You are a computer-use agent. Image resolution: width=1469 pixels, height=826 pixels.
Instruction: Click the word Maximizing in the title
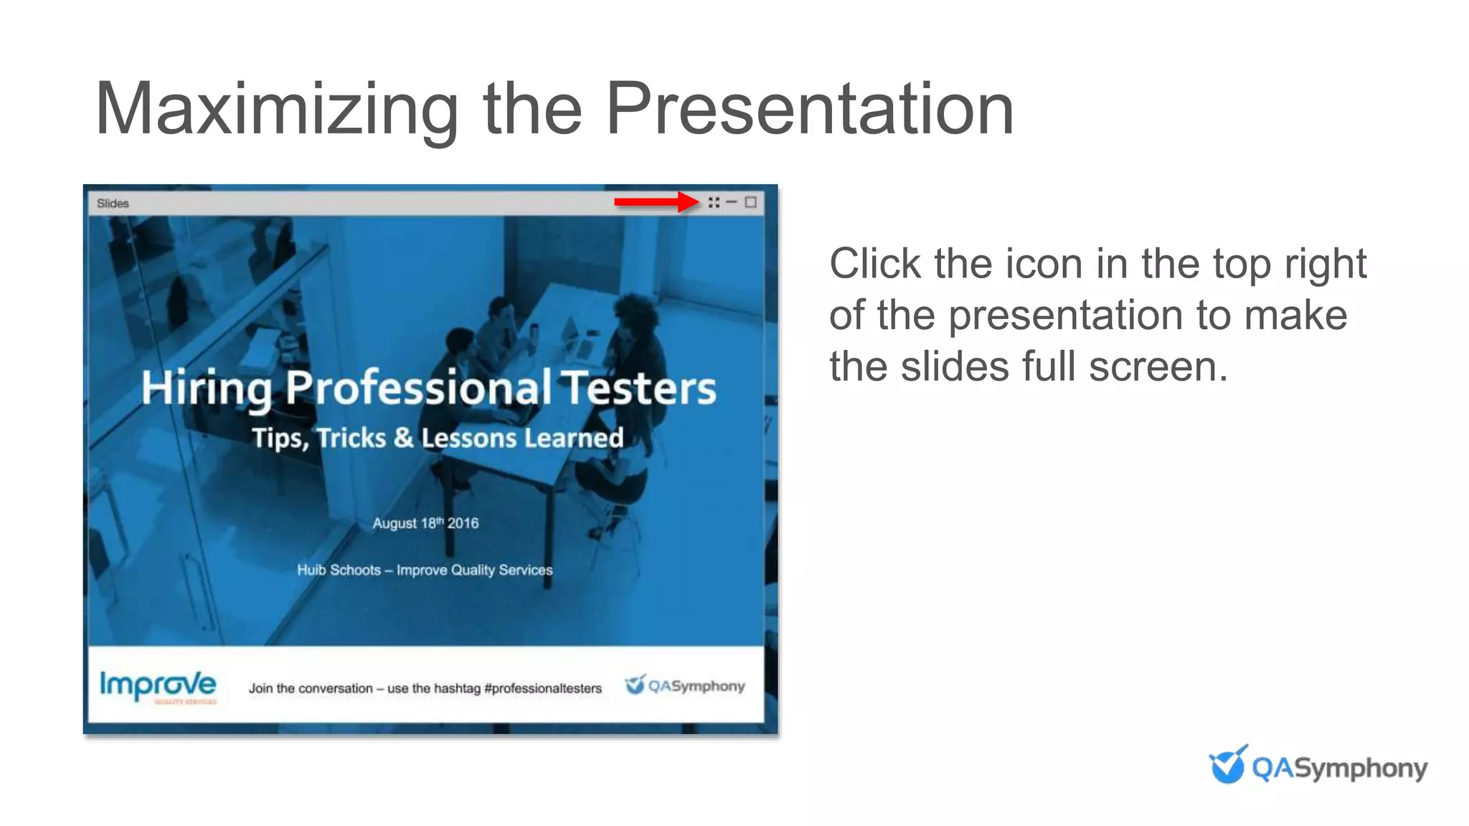click(276, 110)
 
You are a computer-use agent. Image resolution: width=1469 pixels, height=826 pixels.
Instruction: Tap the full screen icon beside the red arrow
click(714, 202)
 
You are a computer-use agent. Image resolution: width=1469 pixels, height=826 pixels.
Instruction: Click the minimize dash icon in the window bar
click(732, 202)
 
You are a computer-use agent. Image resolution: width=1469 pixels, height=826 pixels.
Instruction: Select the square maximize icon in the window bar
click(750, 202)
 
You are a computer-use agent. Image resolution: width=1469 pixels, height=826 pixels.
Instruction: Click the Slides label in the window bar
click(113, 204)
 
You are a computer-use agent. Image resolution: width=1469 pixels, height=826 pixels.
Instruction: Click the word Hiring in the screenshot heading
click(206, 389)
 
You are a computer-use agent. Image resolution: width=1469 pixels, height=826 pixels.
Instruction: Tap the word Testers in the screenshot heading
click(638, 388)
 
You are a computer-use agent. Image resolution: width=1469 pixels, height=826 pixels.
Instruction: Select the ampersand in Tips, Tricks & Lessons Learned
click(403, 437)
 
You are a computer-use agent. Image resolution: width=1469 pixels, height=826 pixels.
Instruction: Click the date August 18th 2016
click(425, 523)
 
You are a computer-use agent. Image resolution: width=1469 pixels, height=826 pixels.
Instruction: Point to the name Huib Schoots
click(339, 570)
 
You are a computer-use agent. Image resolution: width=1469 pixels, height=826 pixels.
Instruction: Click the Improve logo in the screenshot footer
click(158, 686)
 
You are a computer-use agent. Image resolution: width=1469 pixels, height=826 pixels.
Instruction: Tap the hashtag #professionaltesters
click(543, 688)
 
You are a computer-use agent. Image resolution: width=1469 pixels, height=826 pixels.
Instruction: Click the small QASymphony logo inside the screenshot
click(685, 685)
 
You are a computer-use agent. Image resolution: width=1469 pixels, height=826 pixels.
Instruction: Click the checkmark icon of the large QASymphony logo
click(1227, 765)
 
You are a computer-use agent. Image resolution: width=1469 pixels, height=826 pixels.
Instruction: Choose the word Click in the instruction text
click(874, 264)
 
